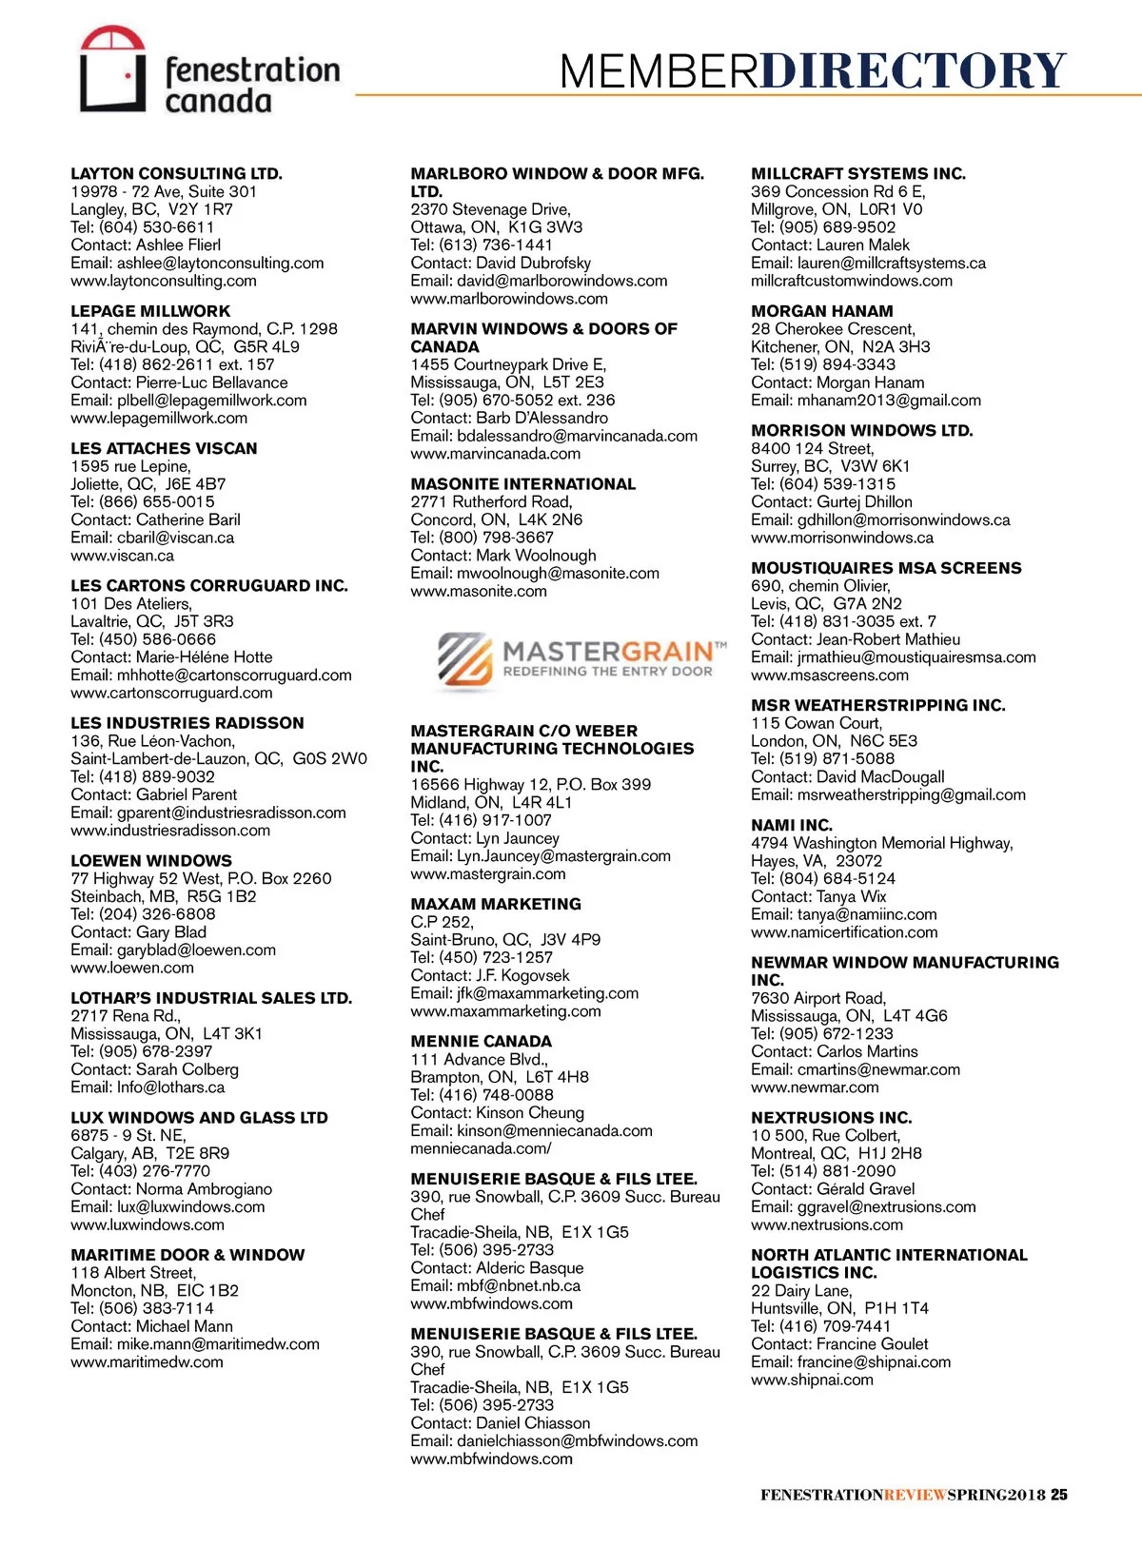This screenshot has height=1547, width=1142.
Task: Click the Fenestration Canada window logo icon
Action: [x=112, y=69]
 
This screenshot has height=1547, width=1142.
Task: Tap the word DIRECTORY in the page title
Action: [x=913, y=71]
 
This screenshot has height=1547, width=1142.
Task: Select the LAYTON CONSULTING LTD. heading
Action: [x=176, y=173]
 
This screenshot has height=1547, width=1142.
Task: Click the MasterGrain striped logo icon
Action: [x=464, y=658]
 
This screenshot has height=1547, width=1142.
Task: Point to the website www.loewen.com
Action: [x=132, y=968]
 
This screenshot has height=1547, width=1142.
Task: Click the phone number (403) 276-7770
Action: [x=154, y=1170]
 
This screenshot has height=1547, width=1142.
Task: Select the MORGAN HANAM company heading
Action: [x=821, y=311]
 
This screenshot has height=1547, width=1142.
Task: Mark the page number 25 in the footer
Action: [x=1059, y=1495]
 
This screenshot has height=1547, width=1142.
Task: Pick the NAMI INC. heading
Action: [x=791, y=825]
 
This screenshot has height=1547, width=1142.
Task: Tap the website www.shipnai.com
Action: [x=812, y=1380]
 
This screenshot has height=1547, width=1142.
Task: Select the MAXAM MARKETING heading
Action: [x=495, y=904]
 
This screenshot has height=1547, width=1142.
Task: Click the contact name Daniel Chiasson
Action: [x=533, y=1422]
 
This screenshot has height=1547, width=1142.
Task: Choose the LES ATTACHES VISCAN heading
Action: [x=164, y=448]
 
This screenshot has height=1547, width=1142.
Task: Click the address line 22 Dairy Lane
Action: [x=801, y=1290]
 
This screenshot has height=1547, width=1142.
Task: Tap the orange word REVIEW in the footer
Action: [x=916, y=1495]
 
